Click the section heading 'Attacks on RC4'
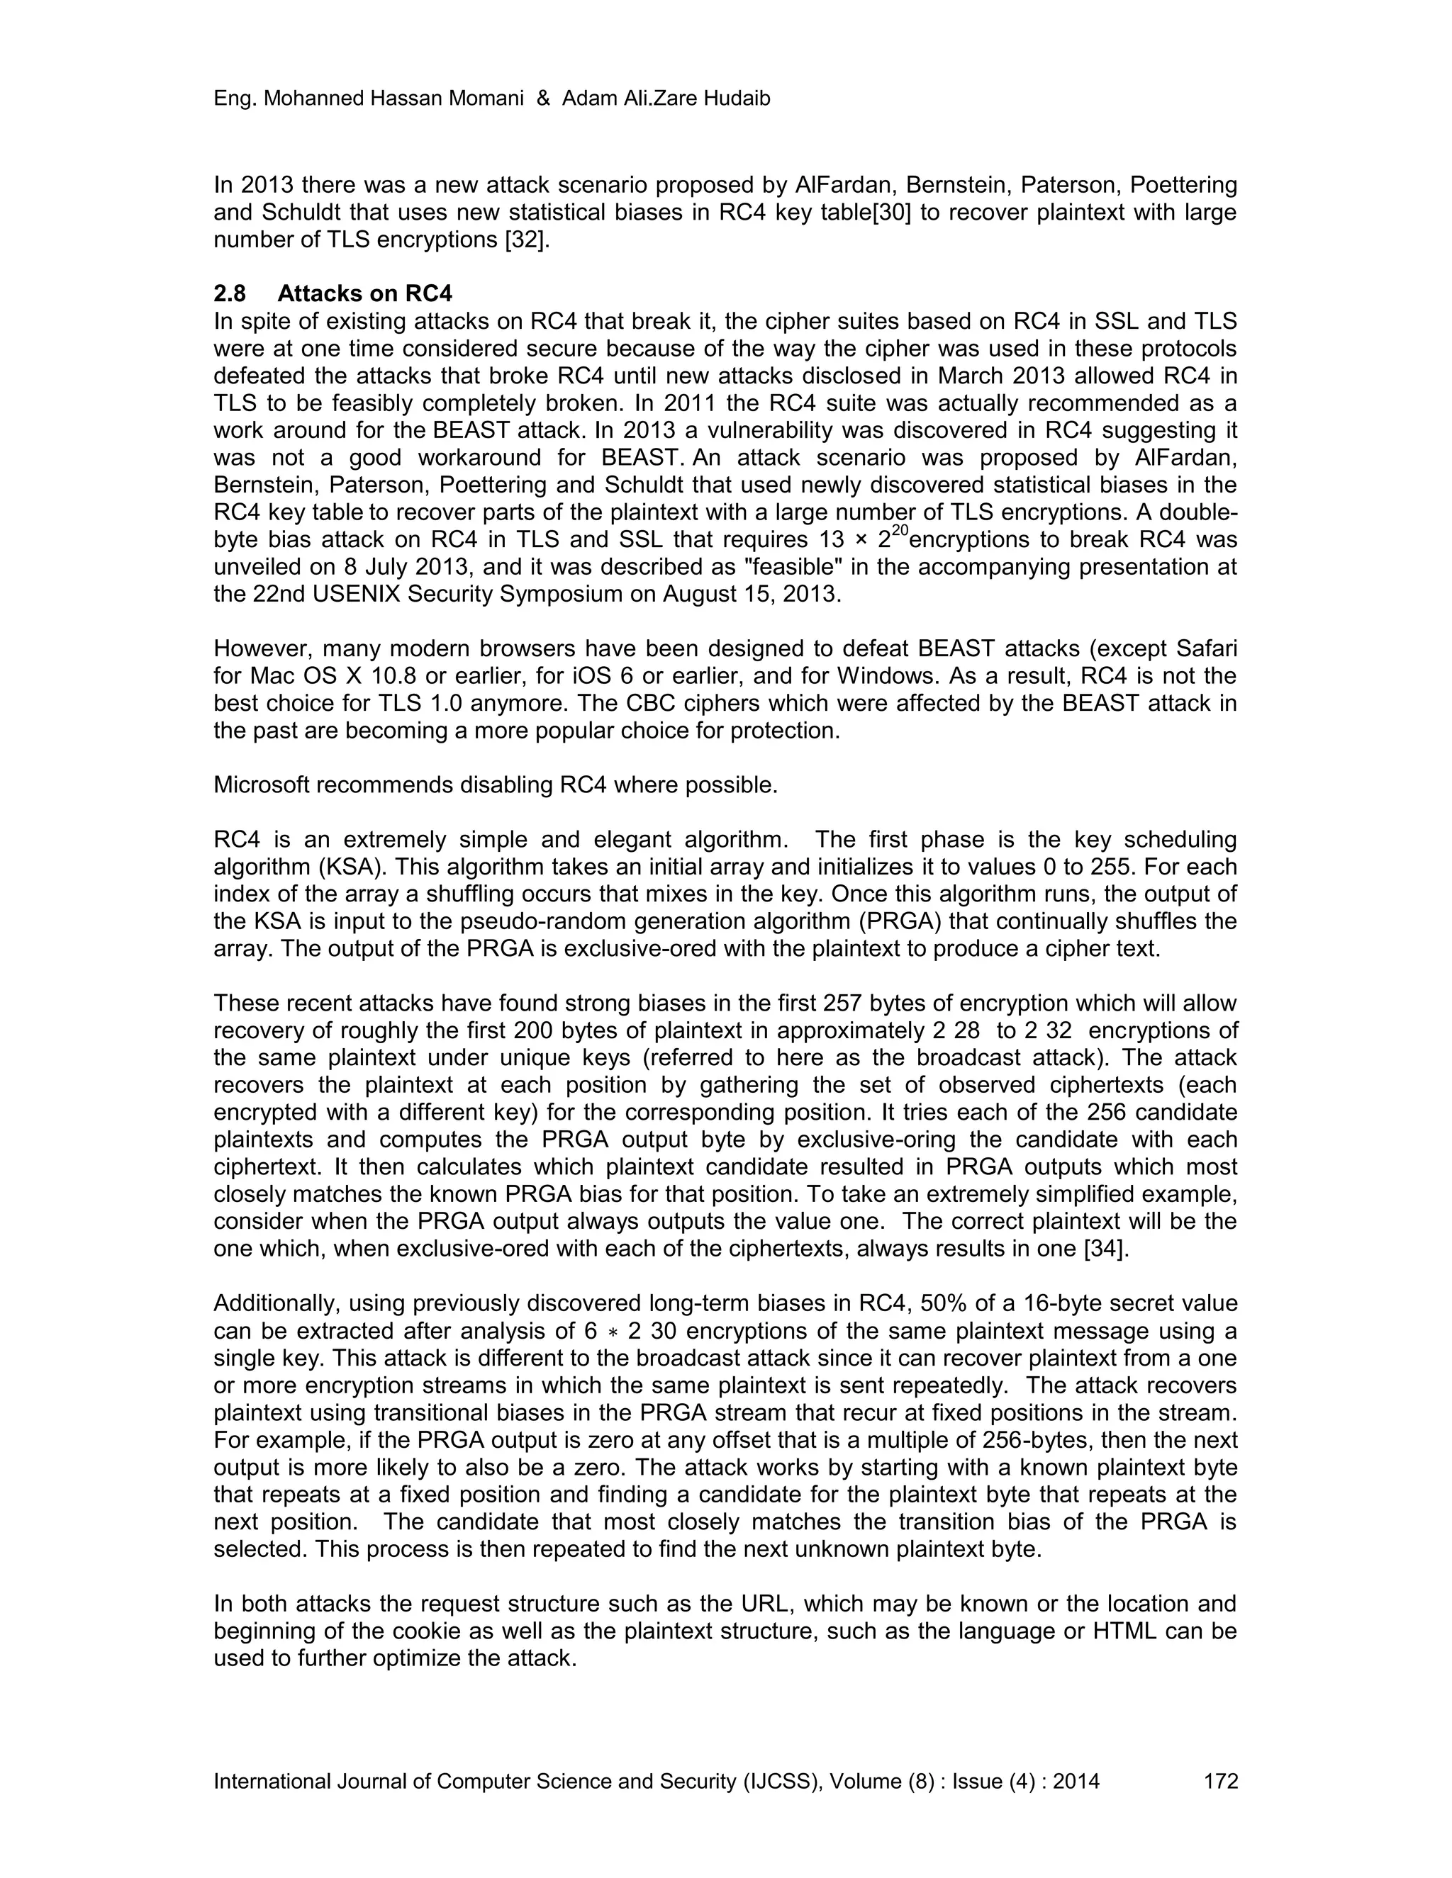(364, 294)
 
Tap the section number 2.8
(229, 294)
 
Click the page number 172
(1221, 1781)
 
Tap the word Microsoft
(262, 785)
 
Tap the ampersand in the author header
(543, 99)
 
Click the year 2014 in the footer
(1076, 1781)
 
